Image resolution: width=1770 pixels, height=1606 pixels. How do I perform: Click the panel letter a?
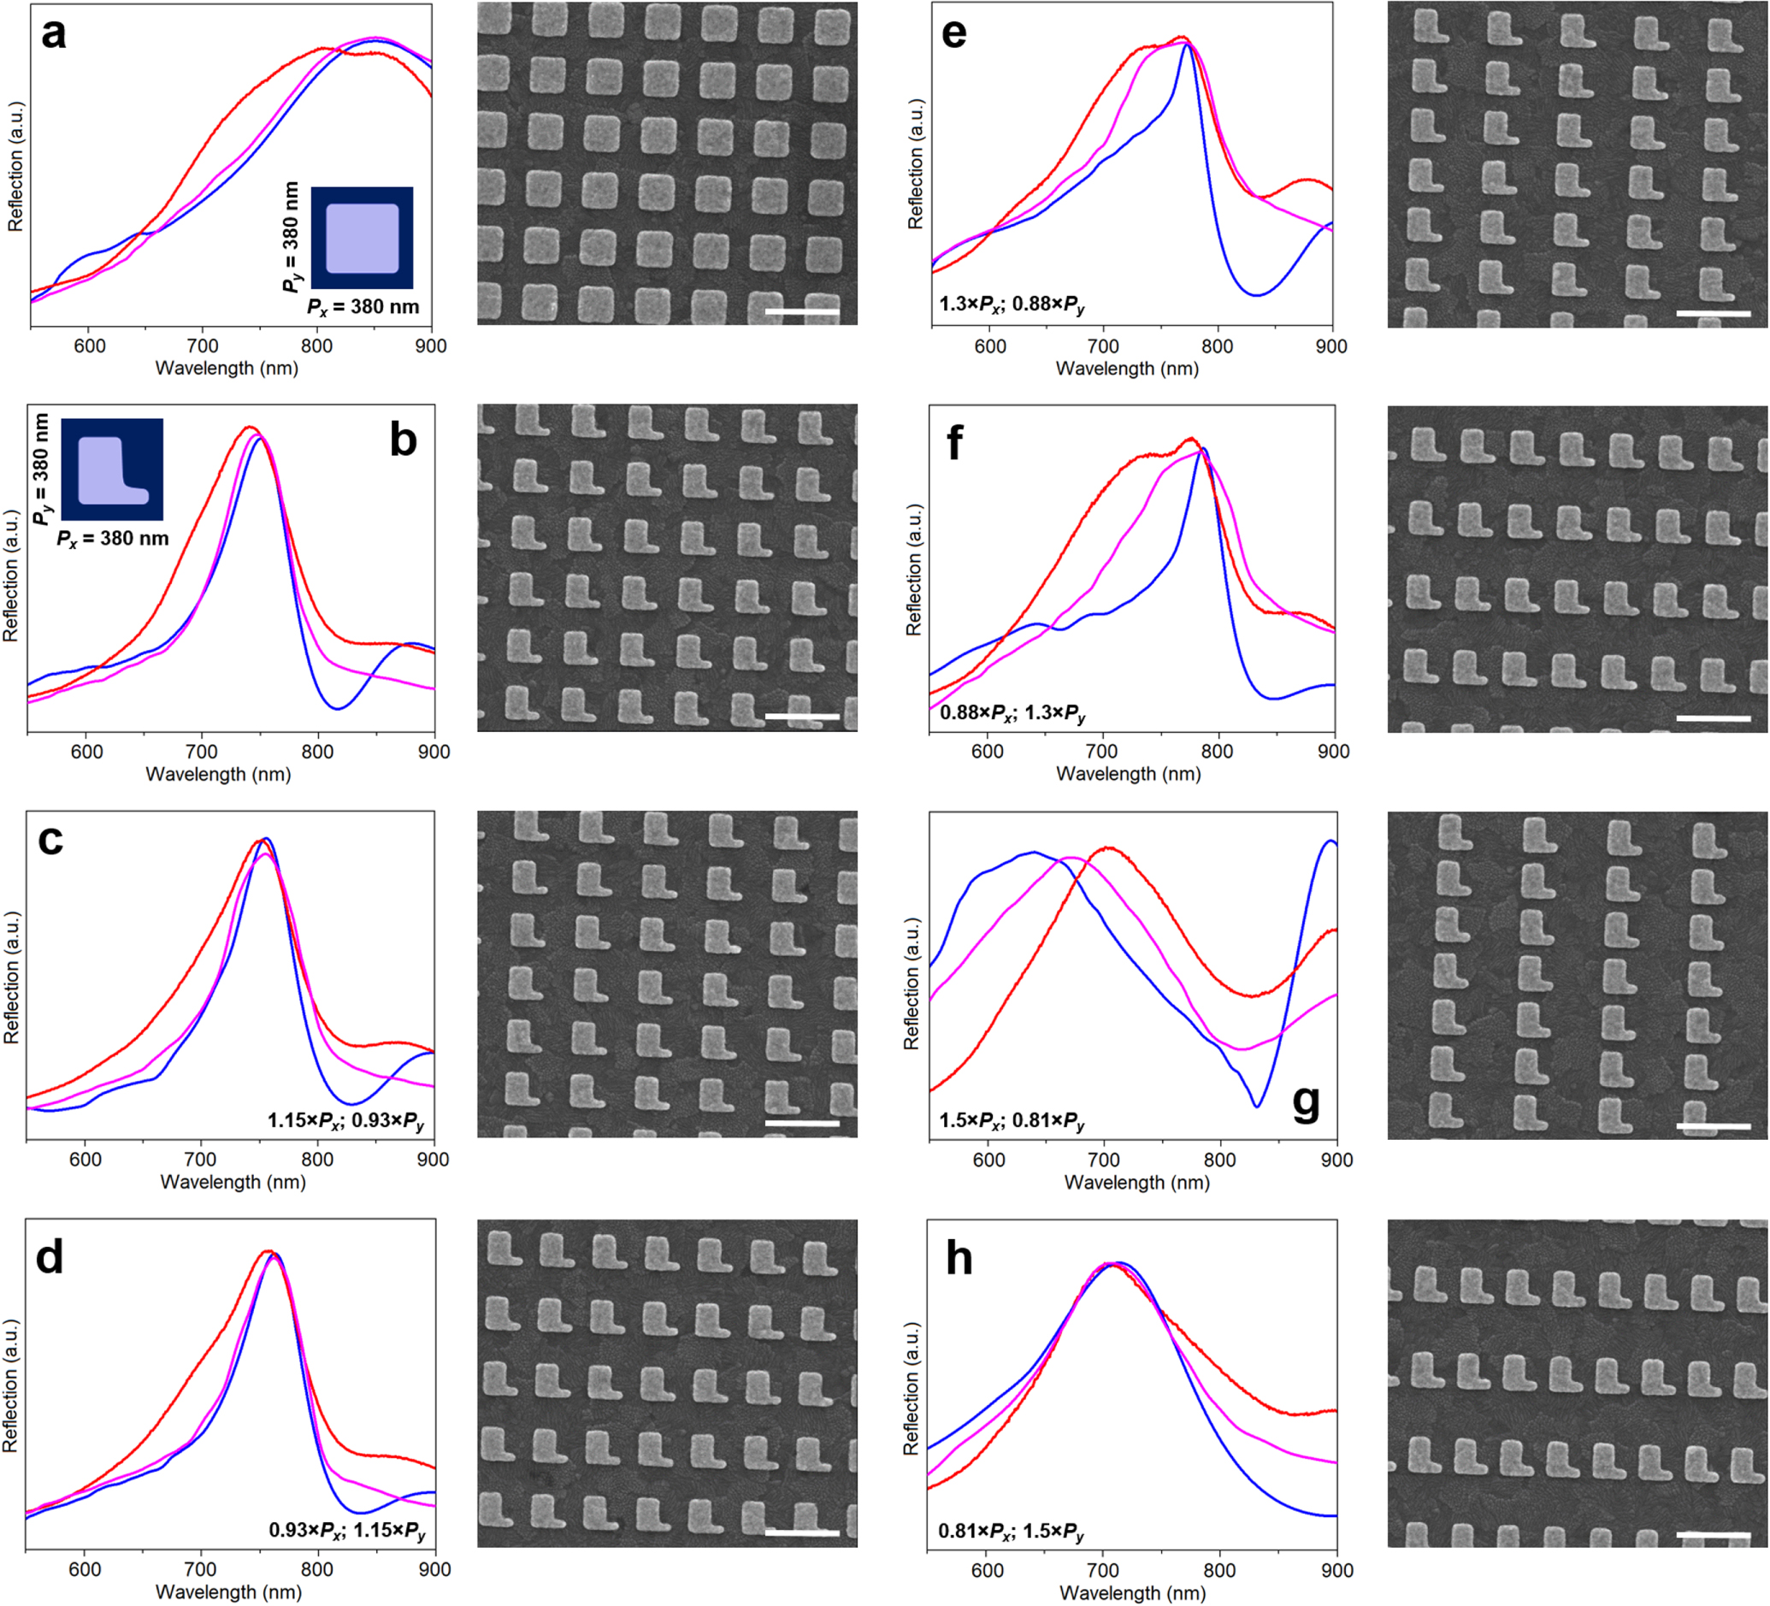54,35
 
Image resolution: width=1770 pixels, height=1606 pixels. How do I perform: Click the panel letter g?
1306,1102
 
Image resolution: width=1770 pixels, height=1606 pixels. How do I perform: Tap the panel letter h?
959,1258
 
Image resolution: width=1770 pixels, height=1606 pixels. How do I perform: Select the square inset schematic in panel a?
362,238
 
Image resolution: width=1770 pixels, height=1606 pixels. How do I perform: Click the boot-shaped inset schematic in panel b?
111,469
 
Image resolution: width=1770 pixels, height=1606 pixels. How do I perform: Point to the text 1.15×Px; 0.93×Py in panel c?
345,1120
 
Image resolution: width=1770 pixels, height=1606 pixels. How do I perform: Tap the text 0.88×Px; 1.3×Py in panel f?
1012,712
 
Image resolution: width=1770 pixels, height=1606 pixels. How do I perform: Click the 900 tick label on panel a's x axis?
430,346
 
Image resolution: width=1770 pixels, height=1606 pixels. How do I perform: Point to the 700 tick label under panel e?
1103,346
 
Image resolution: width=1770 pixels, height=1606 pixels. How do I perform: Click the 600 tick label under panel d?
86,1569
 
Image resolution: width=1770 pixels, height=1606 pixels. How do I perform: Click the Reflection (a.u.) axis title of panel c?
11,977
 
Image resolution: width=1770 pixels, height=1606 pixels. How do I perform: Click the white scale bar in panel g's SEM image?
1712,1126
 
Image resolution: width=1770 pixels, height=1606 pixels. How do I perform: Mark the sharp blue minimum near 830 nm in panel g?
1257,1106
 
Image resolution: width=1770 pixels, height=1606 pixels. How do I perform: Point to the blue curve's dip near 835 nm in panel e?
1257,295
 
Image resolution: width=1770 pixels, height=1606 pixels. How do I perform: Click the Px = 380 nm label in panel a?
363,307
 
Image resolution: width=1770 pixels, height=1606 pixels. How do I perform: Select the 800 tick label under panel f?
1217,752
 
